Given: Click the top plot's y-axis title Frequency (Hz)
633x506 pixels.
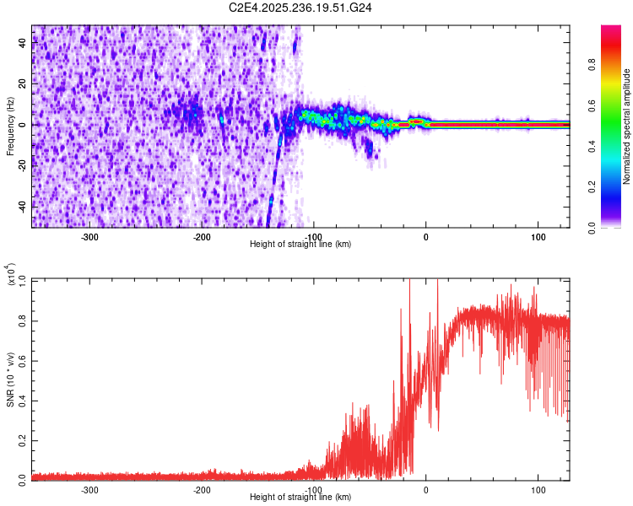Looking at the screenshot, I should [x=10, y=126].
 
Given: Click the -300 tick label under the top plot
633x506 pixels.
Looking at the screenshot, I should [x=89, y=236].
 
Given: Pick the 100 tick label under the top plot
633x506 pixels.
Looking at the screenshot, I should [x=538, y=236].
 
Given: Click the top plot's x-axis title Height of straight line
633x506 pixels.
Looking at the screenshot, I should [x=300, y=244].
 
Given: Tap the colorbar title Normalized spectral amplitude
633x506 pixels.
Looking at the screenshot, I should [x=627, y=126].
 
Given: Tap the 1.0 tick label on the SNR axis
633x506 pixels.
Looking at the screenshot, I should [x=22, y=279].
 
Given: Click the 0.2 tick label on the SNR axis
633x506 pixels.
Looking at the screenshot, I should [x=22, y=439].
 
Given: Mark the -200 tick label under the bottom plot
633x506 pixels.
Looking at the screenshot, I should [x=202, y=489].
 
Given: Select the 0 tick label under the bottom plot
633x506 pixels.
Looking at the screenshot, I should [x=425, y=489].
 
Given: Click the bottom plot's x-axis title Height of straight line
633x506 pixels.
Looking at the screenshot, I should [x=300, y=497].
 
